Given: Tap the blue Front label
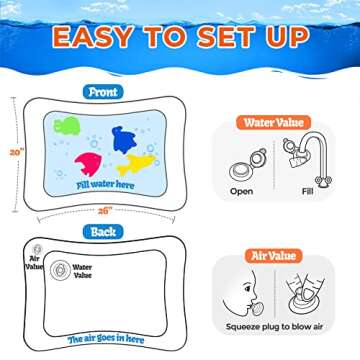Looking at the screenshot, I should pos(104,91).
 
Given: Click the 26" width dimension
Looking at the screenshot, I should pos(105,211).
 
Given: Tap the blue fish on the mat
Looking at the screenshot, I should pos(124,139).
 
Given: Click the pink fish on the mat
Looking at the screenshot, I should pos(88,163).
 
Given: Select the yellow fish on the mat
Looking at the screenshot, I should pos(135,165).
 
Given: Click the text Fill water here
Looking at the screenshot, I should pos(103,184).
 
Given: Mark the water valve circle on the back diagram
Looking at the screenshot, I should pos(59,270).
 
